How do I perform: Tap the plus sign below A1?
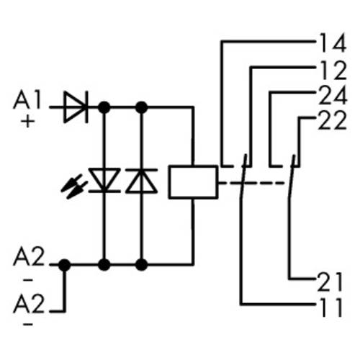(x=28, y=121)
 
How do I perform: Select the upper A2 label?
(x=29, y=256)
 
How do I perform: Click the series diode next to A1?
(x=75, y=107)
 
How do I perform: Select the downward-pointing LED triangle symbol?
(x=104, y=181)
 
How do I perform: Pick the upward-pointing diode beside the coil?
(x=141, y=181)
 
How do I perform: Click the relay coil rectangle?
(x=193, y=181)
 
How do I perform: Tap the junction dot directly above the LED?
(x=104, y=107)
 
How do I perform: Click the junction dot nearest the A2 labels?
(x=64, y=265)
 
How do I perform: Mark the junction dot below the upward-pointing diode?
(x=141, y=265)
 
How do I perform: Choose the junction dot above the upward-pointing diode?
(x=141, y=107)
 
